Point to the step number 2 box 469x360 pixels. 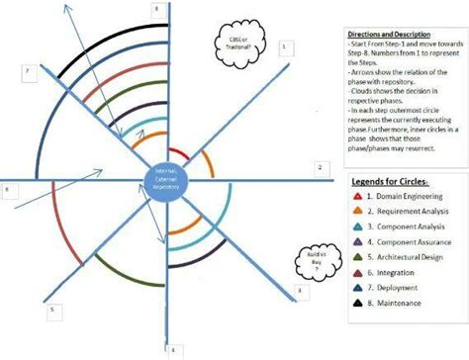click(x=320, y=168)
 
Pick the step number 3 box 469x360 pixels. click(x=300, y=290)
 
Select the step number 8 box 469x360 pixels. click(x=155, y=8)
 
